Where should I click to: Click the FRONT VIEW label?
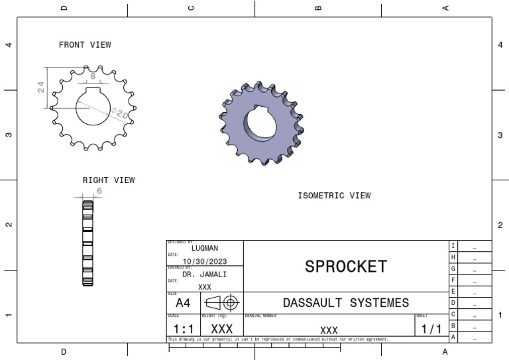(x=85, y=45)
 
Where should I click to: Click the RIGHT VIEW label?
(x=108, y=180)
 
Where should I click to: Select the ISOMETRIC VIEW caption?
(x=334, y=196)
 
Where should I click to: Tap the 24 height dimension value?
(x=41, y=87)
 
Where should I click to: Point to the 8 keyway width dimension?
(x=93, y=76)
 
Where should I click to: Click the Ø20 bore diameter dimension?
(x=120, y=113)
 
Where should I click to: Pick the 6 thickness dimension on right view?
(x=99, y=191)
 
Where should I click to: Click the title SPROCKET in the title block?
(x=345, y=267)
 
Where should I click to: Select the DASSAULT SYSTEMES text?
(x=345, y=303)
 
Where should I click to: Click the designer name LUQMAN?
(x=204, y=248)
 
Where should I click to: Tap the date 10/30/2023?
(x=204, y=261)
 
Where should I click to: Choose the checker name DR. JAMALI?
(x=204, y=274)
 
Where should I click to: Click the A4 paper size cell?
(x=183, y=303)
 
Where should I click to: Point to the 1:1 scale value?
(x=183, y=329)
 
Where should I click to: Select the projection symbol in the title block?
(x=222, y=303)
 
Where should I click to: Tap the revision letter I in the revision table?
(x=453, y=246)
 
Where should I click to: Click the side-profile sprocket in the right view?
(x=87, y=243)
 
